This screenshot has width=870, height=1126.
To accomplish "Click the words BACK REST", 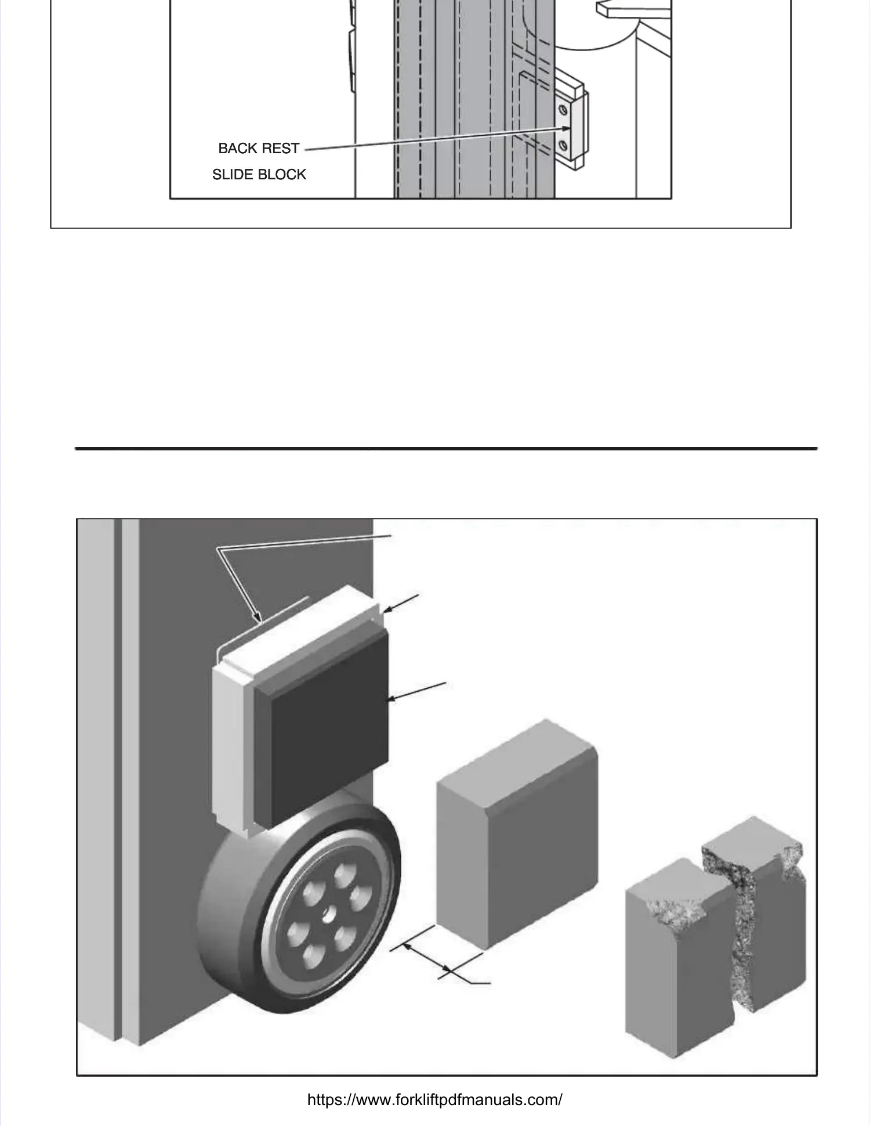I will coord(259,149).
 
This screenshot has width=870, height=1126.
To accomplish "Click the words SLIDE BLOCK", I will coord(259,175).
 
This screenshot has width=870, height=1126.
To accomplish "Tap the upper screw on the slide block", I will coord(563,110).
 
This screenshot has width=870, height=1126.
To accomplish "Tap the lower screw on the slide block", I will coord(563,145).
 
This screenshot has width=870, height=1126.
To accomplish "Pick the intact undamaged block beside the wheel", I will coord(516,836).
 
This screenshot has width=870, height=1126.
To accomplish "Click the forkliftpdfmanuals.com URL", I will coord(434,1100).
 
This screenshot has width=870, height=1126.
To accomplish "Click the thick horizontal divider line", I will coord(446,449).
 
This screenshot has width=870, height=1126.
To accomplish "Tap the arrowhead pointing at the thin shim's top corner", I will coord(386,609).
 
